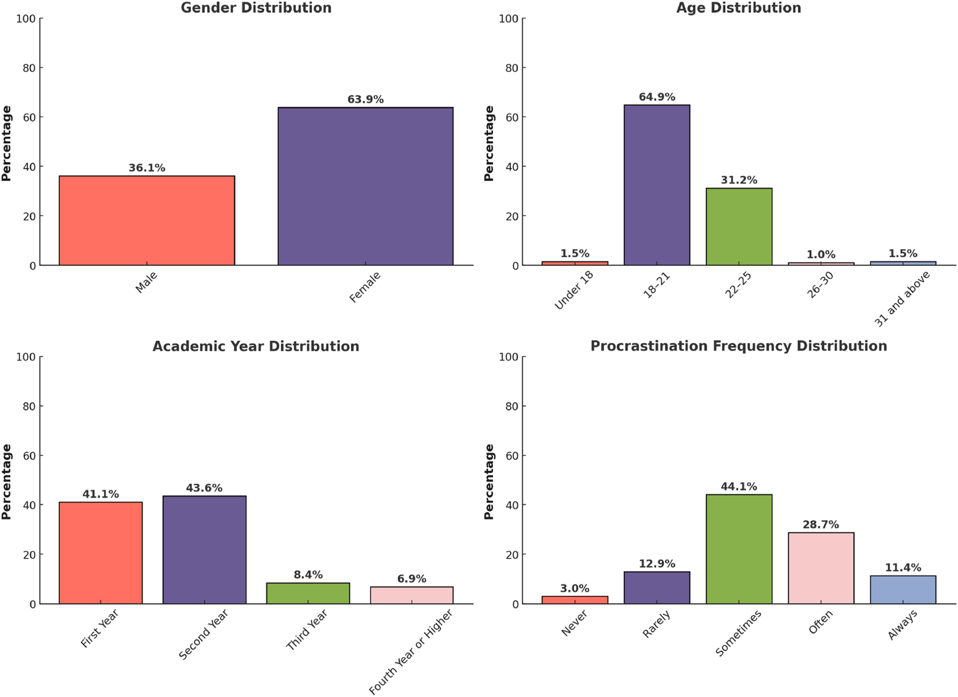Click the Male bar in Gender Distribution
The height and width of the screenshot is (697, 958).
(x=147, y=220)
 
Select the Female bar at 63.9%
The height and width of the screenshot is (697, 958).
(x=365, y=186)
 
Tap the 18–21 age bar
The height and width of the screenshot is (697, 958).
(x=657, y=185)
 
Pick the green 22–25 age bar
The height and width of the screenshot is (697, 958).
(x=739, y=226)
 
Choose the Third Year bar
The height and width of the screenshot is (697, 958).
(x=308, y=593)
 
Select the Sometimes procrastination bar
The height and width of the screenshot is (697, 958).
(x=739, y=549)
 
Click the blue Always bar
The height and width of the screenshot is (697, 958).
(x=902, y=589)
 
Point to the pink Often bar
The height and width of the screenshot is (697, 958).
(x=821, y=568)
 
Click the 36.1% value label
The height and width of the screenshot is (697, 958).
(x=147, y=168)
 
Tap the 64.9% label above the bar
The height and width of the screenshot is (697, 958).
(x=657, y=97)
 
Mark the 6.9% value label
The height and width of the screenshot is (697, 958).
(x=411, y=579)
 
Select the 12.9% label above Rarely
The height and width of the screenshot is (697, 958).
(x=657, y=564)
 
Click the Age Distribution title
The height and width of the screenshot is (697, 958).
(x=738, y=8)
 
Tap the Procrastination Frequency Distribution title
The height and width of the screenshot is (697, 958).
(x=738, y=346)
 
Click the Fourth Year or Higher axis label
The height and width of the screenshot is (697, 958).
(x=411, y=652)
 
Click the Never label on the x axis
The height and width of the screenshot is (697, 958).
(x=574, y=624)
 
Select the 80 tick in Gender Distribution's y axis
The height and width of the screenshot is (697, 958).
(x=30, y=68)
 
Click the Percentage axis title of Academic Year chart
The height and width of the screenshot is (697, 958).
(x=6, y=481)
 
